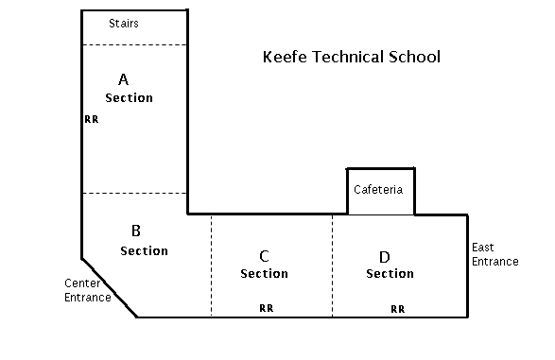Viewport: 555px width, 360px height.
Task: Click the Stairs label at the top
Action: (124, 24)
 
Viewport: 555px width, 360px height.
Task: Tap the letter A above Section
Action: (123, 79)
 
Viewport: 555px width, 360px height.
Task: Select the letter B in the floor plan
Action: (136, 230)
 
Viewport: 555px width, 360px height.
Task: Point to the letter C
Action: (264, 255)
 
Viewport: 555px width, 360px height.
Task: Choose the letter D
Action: (385, 255)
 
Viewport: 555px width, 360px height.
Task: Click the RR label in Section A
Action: (91, 120)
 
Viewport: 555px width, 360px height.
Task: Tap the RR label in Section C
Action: (267, 308)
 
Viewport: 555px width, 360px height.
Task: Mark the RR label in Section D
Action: (398, 308)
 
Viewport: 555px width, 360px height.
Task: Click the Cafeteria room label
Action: (378, 190)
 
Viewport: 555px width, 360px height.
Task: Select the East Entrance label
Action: (494, 254)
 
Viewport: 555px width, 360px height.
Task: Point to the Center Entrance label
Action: (87, 290)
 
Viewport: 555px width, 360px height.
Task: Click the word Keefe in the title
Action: (283, 58)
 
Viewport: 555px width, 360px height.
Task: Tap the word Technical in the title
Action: (347, 58)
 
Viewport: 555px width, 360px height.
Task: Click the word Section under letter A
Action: (129, 98)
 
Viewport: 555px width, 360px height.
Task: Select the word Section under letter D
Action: (390, 274)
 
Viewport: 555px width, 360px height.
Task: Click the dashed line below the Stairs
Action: (133, 44)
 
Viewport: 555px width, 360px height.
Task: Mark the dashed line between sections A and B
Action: (133, 194)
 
